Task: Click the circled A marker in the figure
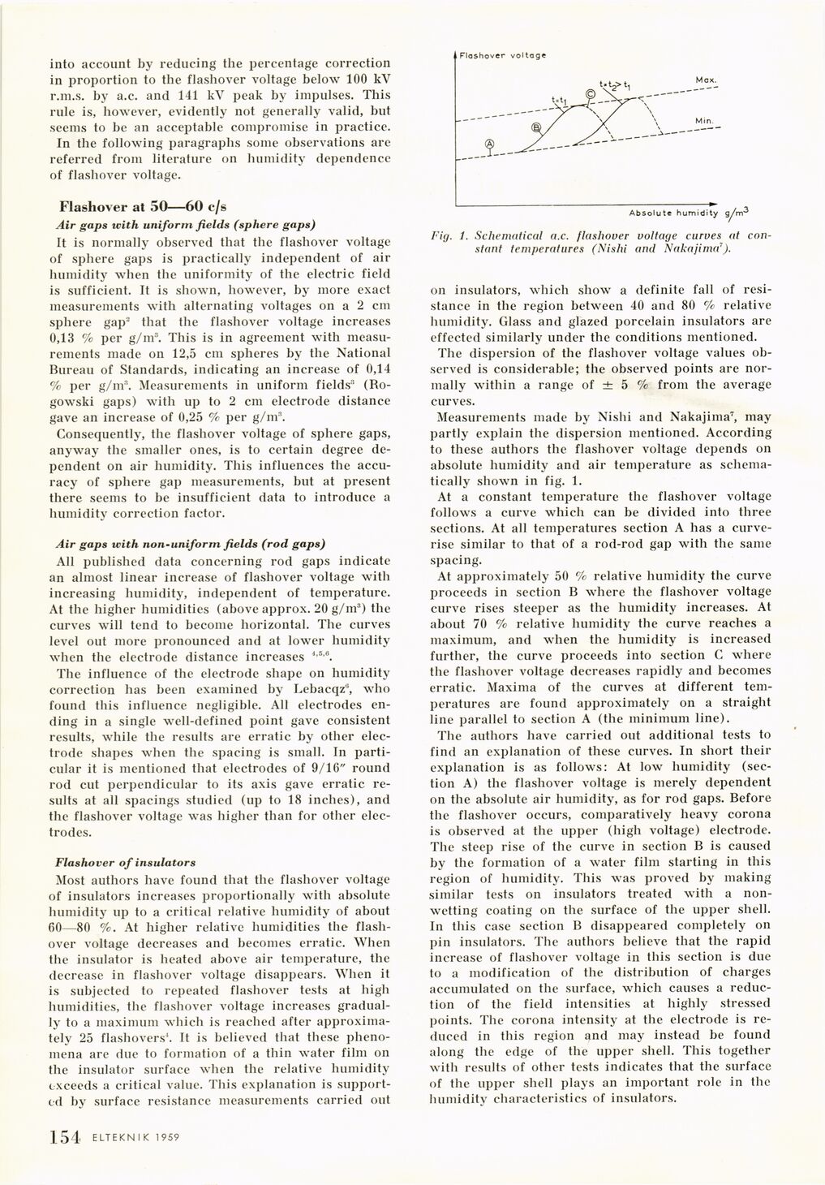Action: [489, 144]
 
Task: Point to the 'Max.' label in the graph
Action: [703, 80]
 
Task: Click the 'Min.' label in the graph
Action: [703, 120]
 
